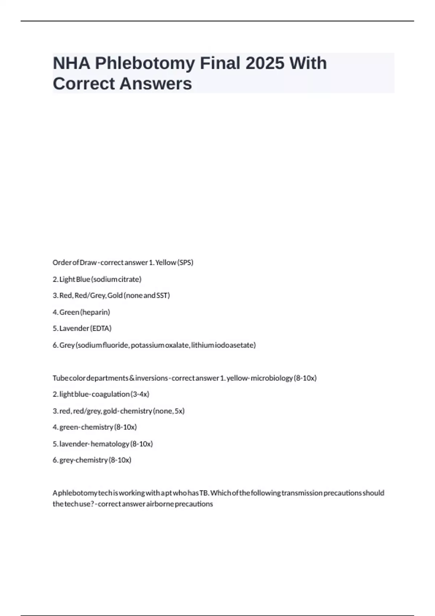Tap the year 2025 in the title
(x=265, y=63)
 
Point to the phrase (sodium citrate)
(x=116, y=279)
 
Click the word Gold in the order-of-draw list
(x=115, y=295)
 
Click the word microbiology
(x=272, y=378)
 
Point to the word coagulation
(x=111, y=394)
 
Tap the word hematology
(x=110, y=444)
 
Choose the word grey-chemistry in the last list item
(x=83, y=460)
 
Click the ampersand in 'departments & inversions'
(x=132, y=378)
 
